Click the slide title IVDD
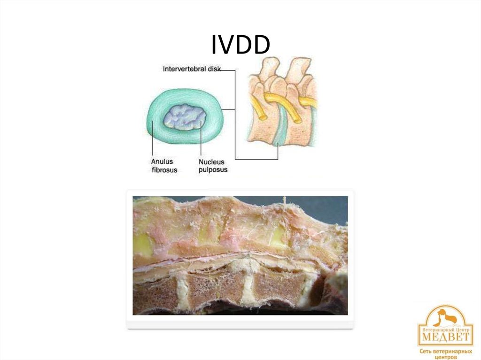coord(240,45)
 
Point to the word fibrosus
coord(164,170)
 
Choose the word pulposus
coord(212,170)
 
